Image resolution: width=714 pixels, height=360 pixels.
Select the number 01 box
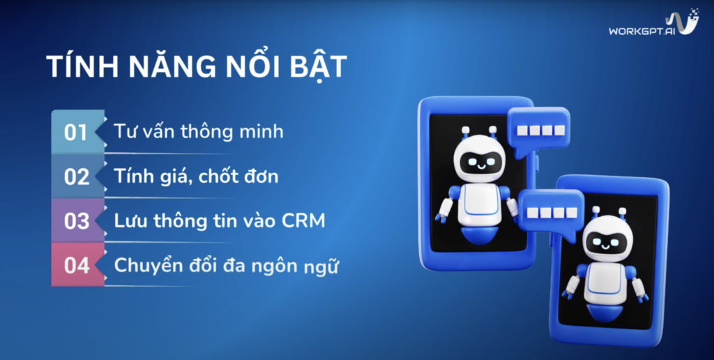76,132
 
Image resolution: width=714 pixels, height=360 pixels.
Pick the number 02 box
76,176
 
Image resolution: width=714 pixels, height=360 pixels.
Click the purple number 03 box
76,220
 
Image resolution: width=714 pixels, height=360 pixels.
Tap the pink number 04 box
76,266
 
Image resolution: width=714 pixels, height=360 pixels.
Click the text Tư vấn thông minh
199,130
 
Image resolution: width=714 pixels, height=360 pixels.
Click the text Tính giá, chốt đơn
197,176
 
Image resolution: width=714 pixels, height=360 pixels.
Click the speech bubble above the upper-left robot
538,130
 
